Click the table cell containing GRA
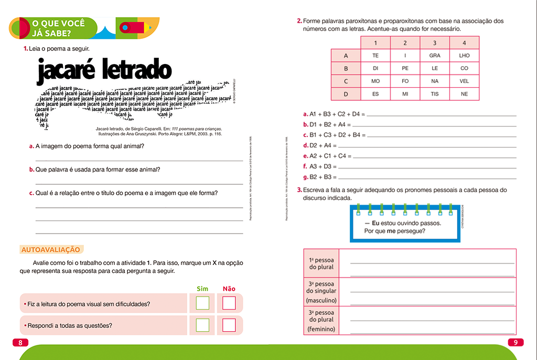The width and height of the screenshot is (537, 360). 435,55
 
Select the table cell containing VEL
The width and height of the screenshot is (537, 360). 464,81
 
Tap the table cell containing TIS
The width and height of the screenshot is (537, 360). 435,94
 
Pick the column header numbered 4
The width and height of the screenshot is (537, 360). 464,43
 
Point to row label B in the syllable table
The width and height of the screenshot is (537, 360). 346,68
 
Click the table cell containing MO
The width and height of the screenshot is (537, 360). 375,81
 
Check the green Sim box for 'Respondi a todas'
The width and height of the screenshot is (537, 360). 202,325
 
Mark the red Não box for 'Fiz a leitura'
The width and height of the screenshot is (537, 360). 229,303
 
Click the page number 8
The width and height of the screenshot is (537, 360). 20,343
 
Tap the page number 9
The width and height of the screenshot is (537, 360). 515,343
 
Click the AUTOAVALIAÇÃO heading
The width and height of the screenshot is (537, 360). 50,250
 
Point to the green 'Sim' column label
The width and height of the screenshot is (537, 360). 202,289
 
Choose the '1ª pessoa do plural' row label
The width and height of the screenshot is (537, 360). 321,263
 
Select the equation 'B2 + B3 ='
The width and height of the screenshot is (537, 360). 320,177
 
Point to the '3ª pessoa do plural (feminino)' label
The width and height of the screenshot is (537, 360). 321,321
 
